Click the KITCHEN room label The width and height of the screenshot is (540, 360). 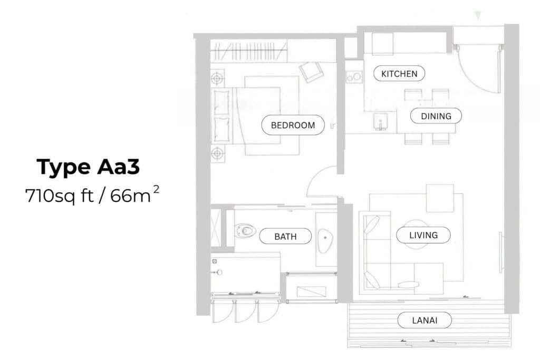(x=399, y=73)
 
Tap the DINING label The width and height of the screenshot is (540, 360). (x=436, y=116)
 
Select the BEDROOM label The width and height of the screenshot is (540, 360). (x=293, y=125)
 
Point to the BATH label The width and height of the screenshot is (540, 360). (x=285, y=237)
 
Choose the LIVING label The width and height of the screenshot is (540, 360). (x=423, y=235)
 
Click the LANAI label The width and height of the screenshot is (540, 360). (x=425, y=320)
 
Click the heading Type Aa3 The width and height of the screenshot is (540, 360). (x=88, y=167)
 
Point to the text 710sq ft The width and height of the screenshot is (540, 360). (x=59, y=196)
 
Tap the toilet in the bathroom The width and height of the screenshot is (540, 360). (x=245, y=230)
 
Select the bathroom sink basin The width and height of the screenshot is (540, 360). (x=325, y=238)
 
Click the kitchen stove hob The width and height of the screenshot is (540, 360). (x=354, y=77)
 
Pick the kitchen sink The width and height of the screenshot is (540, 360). (x=380, y=122)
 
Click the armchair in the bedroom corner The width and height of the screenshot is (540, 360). (x=311, y=72)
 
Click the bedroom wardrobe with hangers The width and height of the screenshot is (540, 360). (x=249, y=51)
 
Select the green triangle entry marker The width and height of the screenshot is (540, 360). (x=478, y=15)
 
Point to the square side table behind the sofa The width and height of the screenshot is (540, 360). (x=440, y=198)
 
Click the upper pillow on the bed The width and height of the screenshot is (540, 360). (x=221, y=102)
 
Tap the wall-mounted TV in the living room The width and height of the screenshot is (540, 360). (x=500, y=252)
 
